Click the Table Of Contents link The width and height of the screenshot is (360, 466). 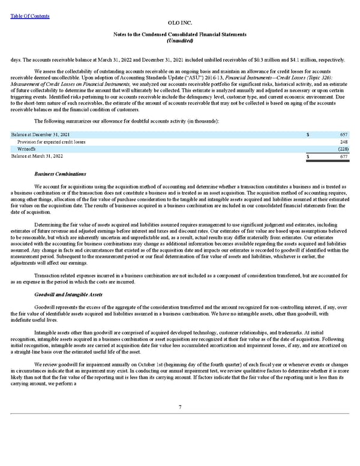click(30, 16)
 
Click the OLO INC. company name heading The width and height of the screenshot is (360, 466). click(180, 22)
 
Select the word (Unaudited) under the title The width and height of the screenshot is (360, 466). click(180, 40)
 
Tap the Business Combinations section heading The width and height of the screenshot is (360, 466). click(60, 174)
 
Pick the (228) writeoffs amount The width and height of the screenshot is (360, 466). click(343, 149)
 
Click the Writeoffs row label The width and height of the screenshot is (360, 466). click(27, 149)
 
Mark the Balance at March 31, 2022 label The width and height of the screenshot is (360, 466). click(37, 157)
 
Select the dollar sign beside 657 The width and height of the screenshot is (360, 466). click(308, 134)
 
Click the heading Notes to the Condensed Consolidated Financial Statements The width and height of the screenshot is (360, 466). click(180, 34)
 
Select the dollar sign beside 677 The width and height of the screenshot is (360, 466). click(308, 157)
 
